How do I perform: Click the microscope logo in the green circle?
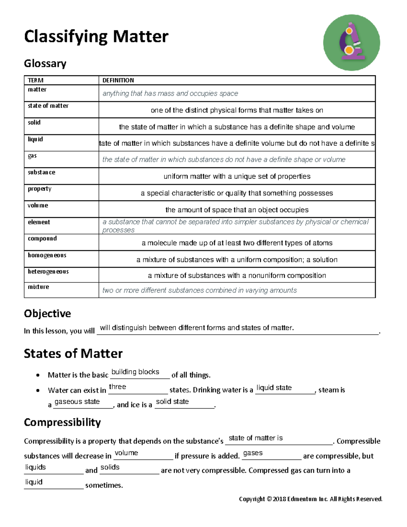[351, 42]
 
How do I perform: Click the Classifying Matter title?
[96, 37]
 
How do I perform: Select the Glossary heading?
[45, 63]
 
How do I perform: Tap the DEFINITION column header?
[118, 80]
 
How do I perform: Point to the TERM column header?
[36, 80]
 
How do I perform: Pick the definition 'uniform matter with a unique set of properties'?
[237, 176]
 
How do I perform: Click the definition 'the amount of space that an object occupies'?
[237, 210]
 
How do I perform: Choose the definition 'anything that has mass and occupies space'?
[170, 93]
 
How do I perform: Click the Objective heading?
[47, 314]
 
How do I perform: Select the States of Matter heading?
[73, 354]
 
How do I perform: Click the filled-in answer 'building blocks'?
[135, 372]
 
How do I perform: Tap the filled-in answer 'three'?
[117, 387]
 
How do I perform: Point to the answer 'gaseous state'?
[77, 402]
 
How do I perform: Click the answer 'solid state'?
[172, 402]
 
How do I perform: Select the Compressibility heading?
[62, 422]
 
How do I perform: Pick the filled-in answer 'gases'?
[253, 453]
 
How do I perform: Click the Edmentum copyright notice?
[310, 499]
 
